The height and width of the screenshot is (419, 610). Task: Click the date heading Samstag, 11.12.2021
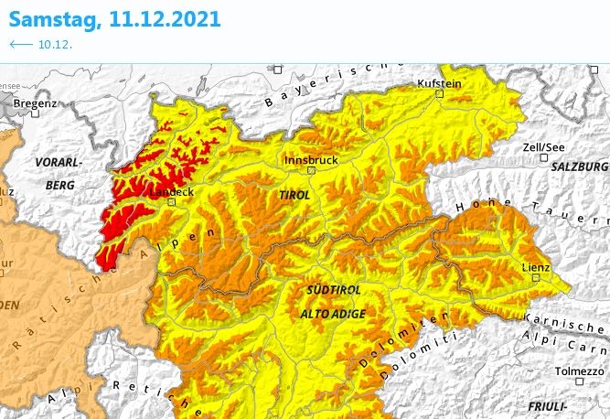[116, 18]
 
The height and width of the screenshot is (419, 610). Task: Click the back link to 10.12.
[40, 44]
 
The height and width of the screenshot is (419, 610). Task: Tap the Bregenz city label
[34, 105]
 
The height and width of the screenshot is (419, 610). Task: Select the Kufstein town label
[439, 82]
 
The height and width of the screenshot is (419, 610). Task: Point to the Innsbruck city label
[311, 159]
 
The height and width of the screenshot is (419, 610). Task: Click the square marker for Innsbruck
[311, 170]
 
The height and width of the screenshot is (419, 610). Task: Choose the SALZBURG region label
[580, 167]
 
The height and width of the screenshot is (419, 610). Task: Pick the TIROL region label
[294, 195]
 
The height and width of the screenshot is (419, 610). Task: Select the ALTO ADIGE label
[332, 314]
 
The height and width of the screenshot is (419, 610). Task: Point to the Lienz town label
[535, 267]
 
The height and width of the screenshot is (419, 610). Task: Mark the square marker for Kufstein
[440, 93]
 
